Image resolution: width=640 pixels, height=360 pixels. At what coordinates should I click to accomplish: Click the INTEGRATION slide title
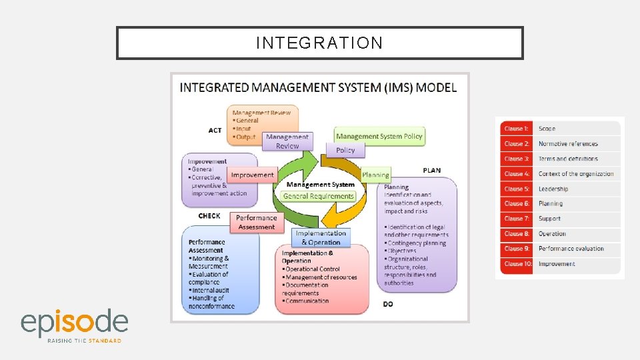[x=319, y=43]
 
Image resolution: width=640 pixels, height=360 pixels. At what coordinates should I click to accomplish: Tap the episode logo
[x=74, y=325]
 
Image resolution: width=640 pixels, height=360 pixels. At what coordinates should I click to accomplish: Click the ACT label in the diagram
[x=215, y=130]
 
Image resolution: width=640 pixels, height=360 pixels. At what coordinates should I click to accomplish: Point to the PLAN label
[x=431, y=171]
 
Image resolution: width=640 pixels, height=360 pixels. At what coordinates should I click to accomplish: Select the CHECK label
[x=209, y=216]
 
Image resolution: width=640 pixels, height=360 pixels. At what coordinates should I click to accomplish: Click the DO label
[x=388, y=304]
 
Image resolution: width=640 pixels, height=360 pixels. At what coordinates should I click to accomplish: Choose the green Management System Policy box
[x=379, y=136]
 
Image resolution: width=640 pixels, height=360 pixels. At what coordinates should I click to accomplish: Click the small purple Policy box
[x=345, y=150]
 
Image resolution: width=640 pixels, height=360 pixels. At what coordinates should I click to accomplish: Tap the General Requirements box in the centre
[x=319, y=196]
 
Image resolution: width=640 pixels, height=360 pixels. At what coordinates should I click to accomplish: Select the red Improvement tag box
[x=252, y=175]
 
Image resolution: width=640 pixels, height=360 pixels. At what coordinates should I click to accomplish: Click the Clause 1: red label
[x=516, y=129]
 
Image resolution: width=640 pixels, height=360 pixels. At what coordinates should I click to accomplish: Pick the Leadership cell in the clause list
[x=553, y=189]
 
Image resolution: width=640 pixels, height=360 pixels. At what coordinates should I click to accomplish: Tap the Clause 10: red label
[x=516, y=264]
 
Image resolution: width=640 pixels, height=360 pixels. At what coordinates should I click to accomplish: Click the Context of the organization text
[x=576, y=174]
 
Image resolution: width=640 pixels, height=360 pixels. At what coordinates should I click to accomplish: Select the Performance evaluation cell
[x=571, y=249]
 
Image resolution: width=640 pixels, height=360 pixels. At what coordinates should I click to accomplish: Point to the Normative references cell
[x=568, y=144]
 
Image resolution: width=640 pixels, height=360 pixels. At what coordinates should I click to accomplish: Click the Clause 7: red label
[x=516, y=219]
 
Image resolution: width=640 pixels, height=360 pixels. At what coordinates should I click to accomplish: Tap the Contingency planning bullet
[x=417, y=243]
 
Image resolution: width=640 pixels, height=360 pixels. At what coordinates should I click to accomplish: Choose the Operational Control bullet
[x=313, y=269]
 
